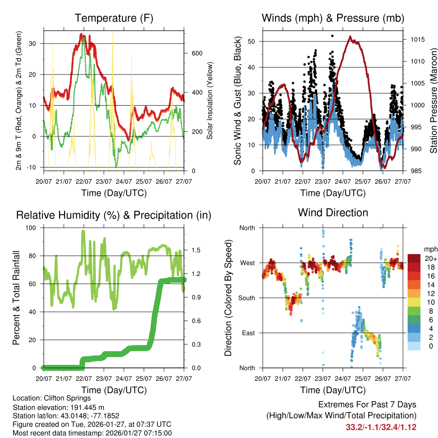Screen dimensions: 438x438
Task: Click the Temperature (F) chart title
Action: coord(114,18)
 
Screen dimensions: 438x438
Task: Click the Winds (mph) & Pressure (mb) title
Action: coord(333,18)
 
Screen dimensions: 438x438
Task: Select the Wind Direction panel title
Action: coord(333,212)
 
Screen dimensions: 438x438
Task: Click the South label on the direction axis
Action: coord(246,298)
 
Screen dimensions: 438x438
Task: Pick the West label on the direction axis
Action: coord(248,263)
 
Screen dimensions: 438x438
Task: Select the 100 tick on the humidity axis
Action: coord(33,228)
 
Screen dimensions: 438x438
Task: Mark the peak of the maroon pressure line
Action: coord(350,37)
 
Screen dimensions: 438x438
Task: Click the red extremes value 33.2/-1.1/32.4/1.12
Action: coord(381,427)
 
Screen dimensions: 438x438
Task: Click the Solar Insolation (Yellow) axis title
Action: coord(210,101)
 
